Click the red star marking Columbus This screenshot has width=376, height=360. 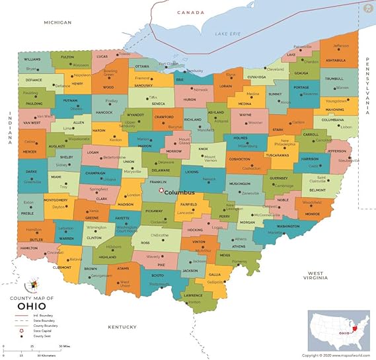(x=161, y=192)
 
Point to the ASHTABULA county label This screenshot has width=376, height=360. (x=336, y=60)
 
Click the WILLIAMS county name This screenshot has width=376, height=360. (x=32, y=59)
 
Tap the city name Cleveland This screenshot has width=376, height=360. (x=275, y=69)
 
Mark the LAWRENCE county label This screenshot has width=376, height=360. (x=193, y=295)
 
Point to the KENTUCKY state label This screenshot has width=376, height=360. (x=122, y=327)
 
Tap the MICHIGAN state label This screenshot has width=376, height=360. (x=57, y=22)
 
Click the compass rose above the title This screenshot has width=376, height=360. (x=30, y=287)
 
